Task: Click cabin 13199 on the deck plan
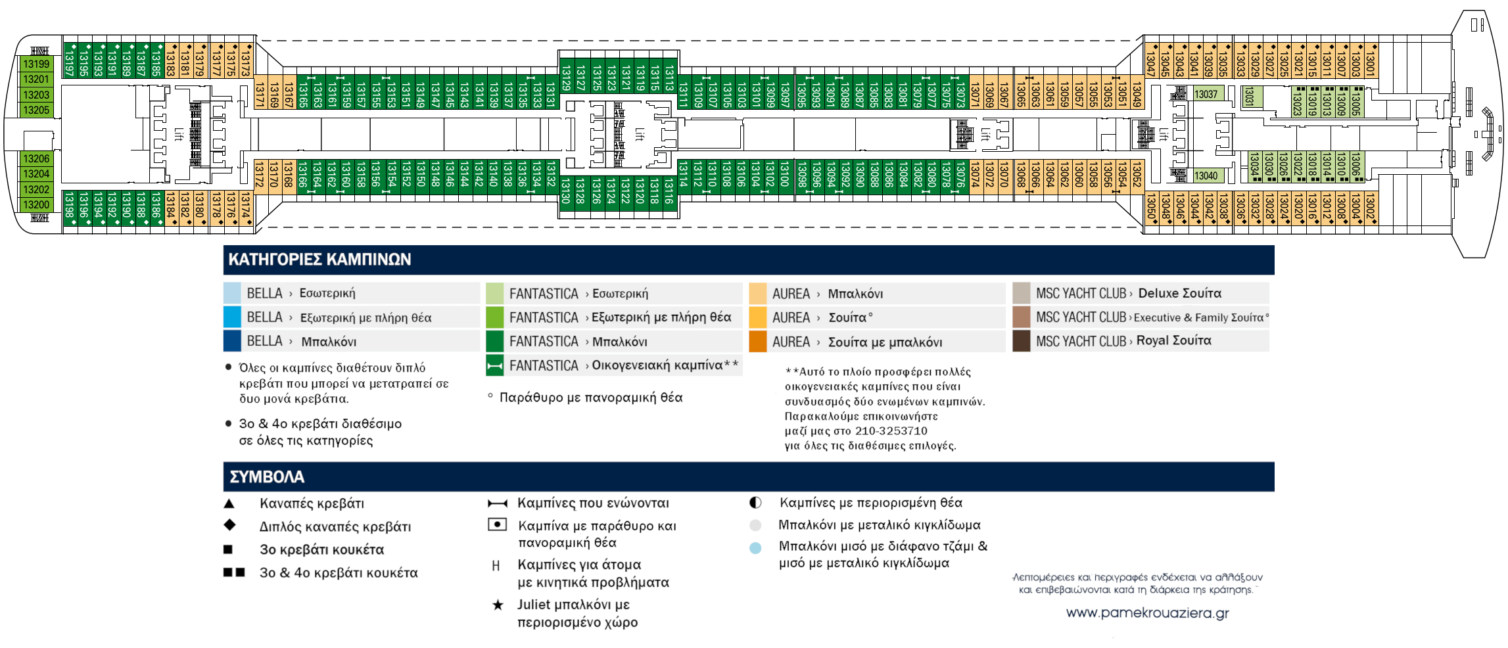36,64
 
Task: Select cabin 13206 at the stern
36,158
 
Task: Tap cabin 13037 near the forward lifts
1206,94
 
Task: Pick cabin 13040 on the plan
1206,175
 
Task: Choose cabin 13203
36,95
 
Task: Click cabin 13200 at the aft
36,204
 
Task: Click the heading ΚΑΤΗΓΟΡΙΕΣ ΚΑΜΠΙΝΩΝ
319,260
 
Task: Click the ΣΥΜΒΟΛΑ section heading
266,476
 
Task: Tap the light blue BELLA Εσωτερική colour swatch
232,293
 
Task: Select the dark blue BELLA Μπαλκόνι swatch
232,341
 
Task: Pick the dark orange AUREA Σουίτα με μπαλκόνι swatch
757,342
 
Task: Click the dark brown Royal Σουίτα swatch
1021,341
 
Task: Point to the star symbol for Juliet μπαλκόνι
498,605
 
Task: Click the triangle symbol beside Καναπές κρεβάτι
229,503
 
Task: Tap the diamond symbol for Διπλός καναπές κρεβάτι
229,525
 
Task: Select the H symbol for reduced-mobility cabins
496,566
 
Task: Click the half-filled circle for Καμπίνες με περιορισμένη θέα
755,503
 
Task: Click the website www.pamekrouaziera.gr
1147,613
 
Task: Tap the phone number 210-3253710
891,431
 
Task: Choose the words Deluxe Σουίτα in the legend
1179,293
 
